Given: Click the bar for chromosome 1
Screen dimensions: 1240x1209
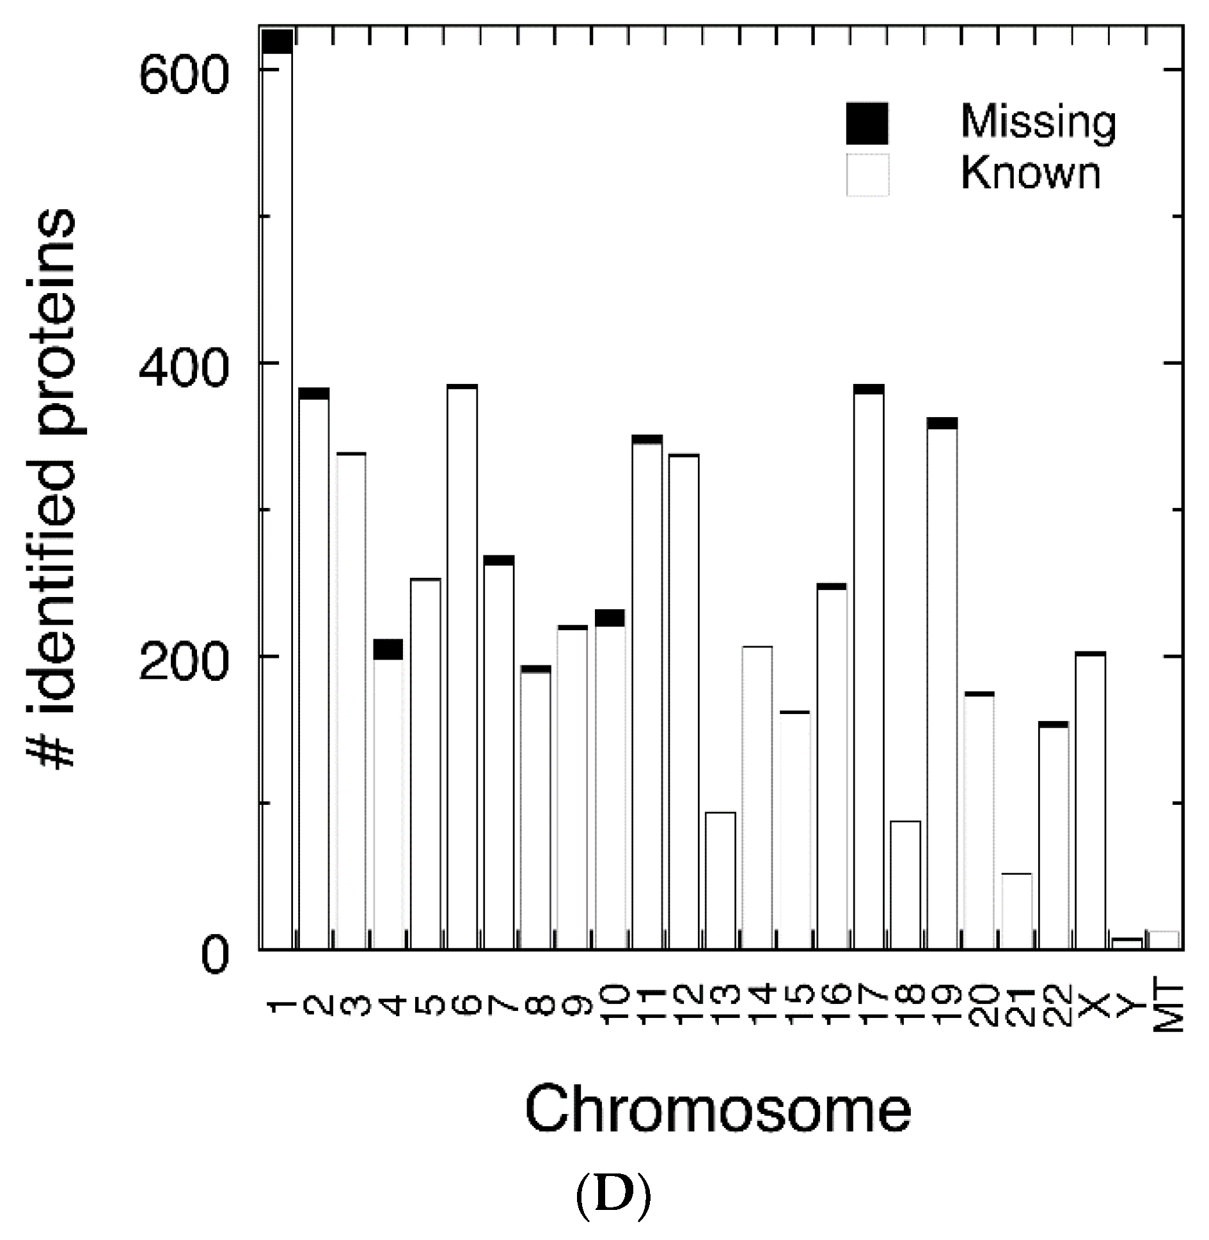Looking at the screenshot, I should (x=277, y=499).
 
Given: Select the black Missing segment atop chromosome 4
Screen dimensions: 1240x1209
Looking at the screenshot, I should (x=388, y=649).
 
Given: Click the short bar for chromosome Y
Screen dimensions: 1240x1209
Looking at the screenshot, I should (x=1127, y=943).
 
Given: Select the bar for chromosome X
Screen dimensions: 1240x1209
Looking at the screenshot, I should (x=1090, y=800).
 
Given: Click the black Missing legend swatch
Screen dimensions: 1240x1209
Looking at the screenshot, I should (x=867, y=123).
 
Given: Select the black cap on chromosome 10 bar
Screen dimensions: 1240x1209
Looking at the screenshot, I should (x=610, y=617).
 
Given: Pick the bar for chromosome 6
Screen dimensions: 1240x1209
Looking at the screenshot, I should (x=462, y=665).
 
